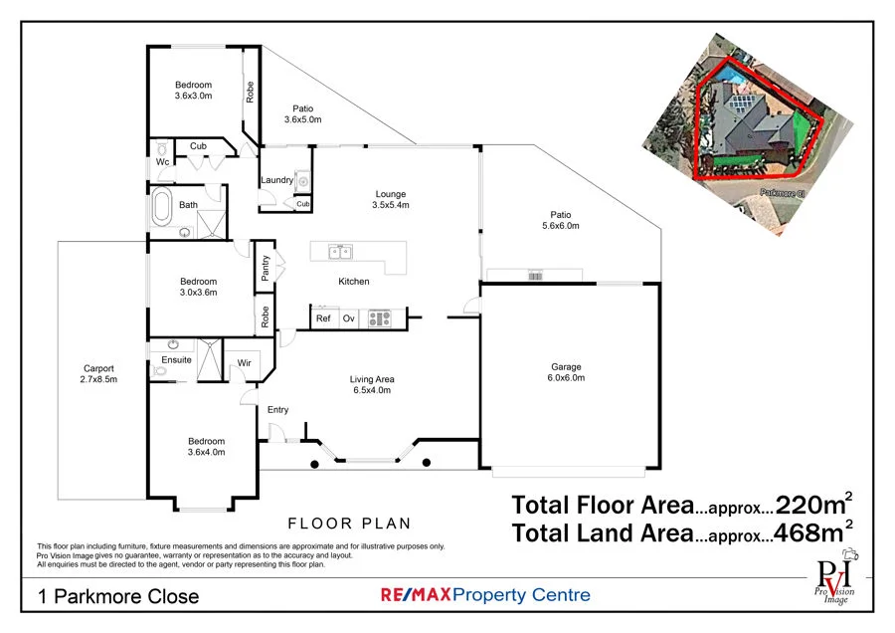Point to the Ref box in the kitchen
[x=323, y=318]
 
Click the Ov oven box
[x=349, y=318]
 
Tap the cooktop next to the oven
[x=379, y=318]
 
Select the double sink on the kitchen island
[x=340, y=252]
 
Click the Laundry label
[x=276, y=180]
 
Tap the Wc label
[x=161, y=161]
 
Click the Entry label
[x=278, y=409]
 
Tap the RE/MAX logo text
[x=417, y=595]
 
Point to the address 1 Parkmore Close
[x=118, y=597]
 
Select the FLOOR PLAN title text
[x=349, y=523]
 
